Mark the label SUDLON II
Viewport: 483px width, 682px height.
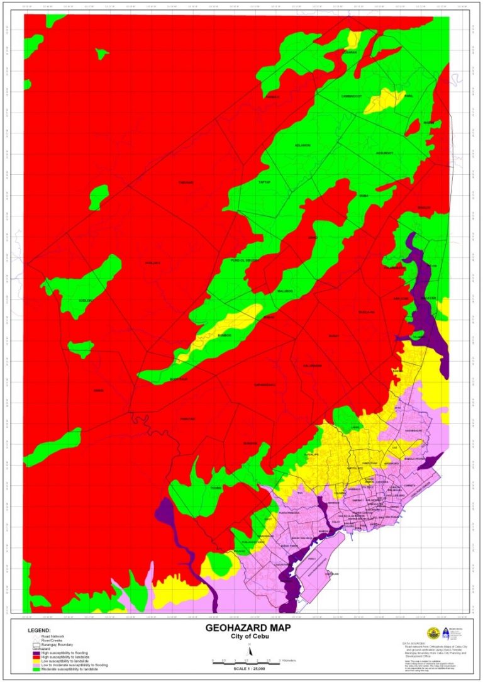(84, 301)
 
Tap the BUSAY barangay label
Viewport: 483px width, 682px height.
(333, 336)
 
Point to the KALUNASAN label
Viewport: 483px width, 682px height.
(313, 366)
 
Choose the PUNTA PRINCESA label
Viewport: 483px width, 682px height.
(291, 513)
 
